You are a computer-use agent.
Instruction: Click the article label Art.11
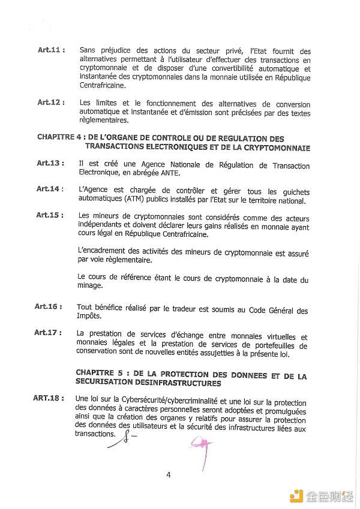tap(51, 50)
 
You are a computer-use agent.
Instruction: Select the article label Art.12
tap(51, 103)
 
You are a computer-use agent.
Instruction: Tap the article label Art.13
tap(50, 164)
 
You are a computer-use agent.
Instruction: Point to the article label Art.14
tap(50, 189)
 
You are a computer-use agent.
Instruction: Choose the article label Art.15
tap(50, 215)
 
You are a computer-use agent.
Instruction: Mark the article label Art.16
tap(49, 307)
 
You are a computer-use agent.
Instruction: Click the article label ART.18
tap(47, 397)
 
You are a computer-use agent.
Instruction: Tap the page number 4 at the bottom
tap(169, 475)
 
